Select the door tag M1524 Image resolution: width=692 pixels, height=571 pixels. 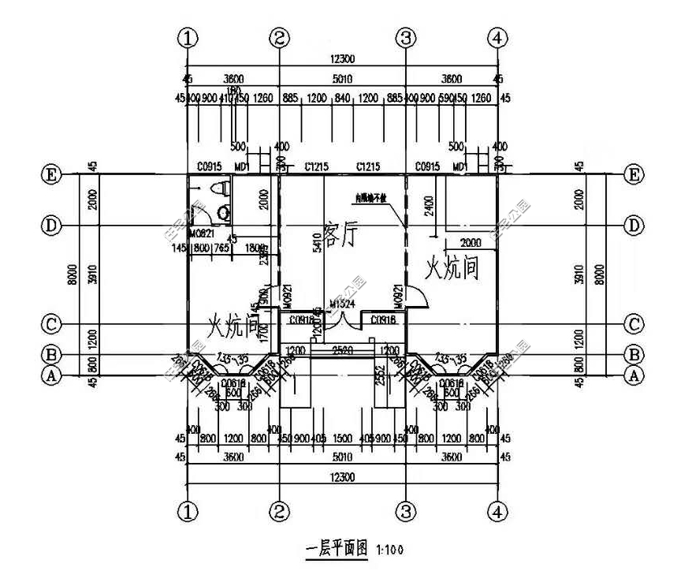[342, 304]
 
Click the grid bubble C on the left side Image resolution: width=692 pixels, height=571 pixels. [51, 324]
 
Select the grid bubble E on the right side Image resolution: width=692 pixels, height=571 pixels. [632, 174]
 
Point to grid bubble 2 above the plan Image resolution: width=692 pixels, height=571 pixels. [280, 37]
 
